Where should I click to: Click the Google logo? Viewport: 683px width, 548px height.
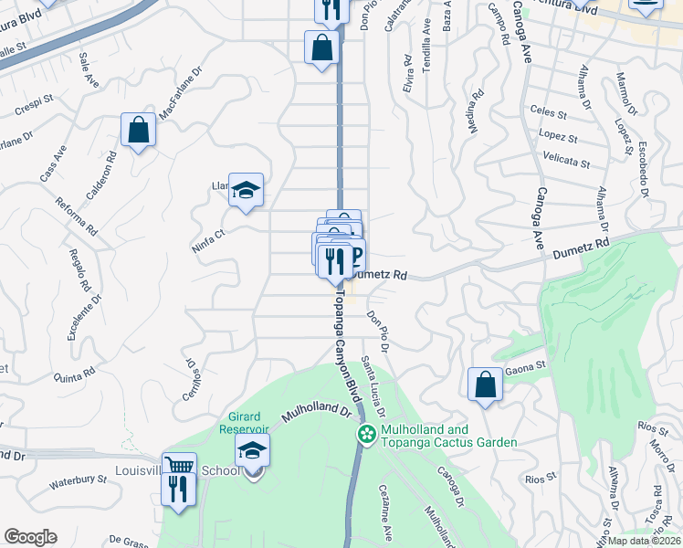click(30, 537)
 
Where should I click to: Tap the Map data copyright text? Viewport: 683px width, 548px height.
click(646, 540)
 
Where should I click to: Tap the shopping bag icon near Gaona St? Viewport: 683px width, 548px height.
click(485, 384)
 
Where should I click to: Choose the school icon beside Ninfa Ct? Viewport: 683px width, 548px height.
click(246, 190)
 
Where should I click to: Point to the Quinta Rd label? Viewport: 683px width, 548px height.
click(75, 372)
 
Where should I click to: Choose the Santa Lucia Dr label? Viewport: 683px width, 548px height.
click(377, 385)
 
